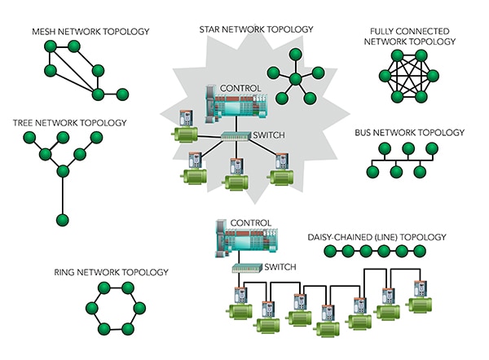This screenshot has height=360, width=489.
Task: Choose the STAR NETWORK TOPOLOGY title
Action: pos(256,29)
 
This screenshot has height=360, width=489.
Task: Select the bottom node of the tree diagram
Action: pos(61,220)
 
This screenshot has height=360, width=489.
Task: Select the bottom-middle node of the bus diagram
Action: pos(396,172)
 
